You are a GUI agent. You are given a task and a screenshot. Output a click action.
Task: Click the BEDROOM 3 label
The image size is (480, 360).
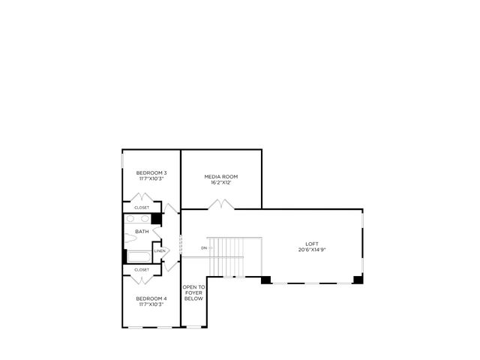click(x=151, y=173)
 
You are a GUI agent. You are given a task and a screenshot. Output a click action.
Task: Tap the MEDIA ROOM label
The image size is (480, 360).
click(x=221, y=177)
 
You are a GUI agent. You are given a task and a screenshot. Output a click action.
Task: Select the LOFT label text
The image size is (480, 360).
click(x=312, y=244)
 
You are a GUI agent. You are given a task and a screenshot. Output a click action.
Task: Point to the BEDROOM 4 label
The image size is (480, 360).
click(x=151, y=298)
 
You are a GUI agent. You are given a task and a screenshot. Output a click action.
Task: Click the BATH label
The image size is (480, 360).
click(x=142, y=232)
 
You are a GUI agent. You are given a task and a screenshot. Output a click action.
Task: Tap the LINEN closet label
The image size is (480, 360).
click(x=160, y=251)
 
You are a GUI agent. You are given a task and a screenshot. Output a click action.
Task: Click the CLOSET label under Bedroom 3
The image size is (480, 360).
click(x=142, y=208)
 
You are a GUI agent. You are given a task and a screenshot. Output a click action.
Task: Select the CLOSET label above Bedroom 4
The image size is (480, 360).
click(x=142, y=270)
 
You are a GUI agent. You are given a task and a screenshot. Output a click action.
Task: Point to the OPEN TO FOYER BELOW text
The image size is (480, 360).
click(x=193, y=293)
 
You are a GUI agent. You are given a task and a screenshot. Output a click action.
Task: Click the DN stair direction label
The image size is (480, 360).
click(x=204, y=248)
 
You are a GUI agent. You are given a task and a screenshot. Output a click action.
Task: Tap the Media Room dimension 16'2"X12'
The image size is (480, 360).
click(x=221, y=182)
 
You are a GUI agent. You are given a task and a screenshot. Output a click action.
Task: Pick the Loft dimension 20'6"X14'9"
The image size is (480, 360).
click(x=312, y=250)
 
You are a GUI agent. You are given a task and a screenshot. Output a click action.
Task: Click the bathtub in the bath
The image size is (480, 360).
click(x=139, y=256)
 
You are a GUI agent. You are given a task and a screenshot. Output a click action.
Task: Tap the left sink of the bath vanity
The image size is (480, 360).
click(x=130, y=218)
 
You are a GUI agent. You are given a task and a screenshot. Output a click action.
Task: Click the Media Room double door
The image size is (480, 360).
click(x=221, y=204)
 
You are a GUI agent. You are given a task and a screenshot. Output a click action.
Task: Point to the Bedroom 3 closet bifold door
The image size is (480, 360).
click(x=142, y=197)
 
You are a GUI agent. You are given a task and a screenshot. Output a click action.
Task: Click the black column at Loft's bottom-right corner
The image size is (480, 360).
click(x=358, y=280)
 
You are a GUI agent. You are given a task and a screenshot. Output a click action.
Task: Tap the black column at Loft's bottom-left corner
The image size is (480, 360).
click(x=265, y=280)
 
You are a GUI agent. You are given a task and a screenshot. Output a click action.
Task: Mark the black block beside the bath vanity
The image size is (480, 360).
click(x=157, y=218)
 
